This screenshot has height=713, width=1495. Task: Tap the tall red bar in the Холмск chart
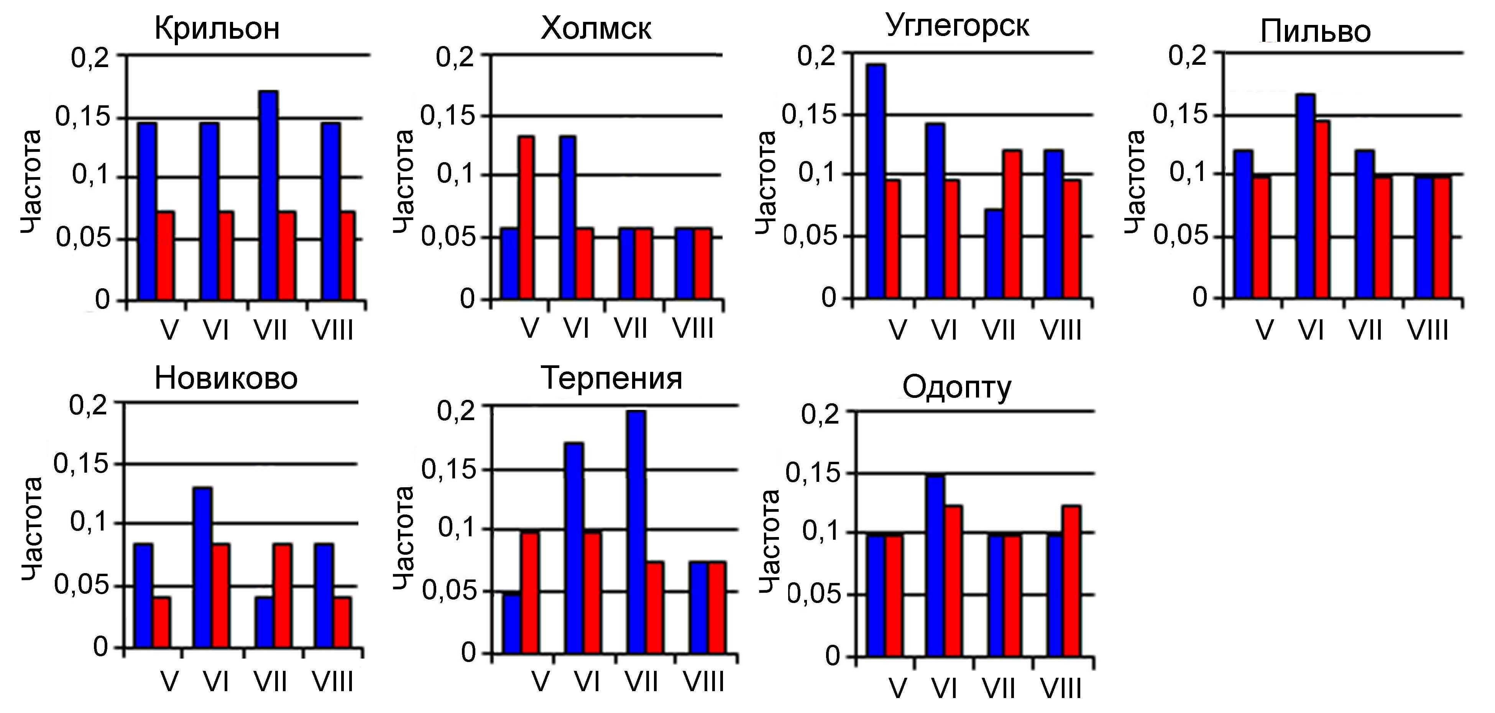pyautogui.click(x=526, y=218)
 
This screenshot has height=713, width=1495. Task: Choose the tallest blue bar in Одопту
pyautogui.click(x=935, y=566)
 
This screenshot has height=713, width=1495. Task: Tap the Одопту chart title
pyautogui.click(x=956, y=388)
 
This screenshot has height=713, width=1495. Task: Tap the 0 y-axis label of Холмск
pyautogui.click(x=467, y=299)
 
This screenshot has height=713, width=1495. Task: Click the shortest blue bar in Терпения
pyautogui.click(x=512, y=623)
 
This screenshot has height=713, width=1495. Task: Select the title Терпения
pyautogui.click(x=611, y=379)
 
